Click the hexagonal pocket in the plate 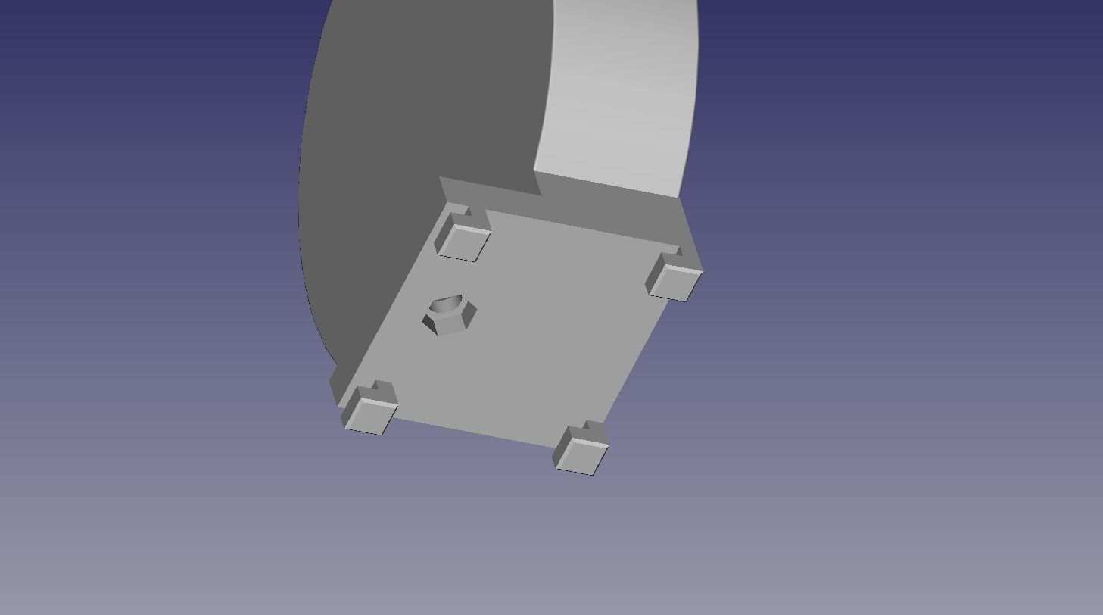click(450, 315)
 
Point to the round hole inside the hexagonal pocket click(446, 305)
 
